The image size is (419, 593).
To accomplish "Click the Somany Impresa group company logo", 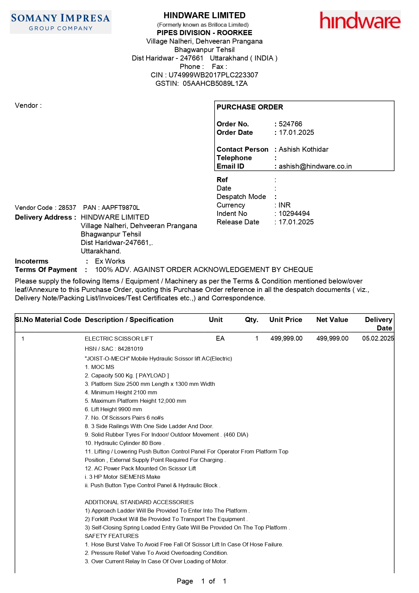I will click(x=60, y=22).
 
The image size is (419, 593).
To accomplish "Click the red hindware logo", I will click(x=360, y=20).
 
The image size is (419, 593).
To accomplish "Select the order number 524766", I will click(x=290, y=124).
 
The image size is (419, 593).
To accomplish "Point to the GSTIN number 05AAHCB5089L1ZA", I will click(x=215, y=83).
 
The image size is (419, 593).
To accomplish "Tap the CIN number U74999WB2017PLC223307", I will click(x=213, y=75).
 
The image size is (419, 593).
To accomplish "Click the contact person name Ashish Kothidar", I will click(x=303, y=149).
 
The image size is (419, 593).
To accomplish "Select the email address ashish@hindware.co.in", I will click(x=315, y=166).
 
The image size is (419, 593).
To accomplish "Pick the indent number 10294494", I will click(x=294, y=214).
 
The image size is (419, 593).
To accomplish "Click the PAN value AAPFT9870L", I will click(x=120, y=207).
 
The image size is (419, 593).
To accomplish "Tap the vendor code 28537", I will click(x=67, y=207).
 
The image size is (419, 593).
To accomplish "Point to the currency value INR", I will click(x=285, y=205).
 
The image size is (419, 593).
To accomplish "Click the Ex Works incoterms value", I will click(x=110, y=261).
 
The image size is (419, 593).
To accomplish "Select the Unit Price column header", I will click(x=286, y=320).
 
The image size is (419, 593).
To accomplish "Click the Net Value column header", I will click(x=332, y=320).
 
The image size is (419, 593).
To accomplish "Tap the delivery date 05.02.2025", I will click(x=378, y=338).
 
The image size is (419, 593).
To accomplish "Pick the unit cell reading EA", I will click(x=220, y=338).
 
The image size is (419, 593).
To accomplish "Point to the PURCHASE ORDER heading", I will click(x=250, y=107).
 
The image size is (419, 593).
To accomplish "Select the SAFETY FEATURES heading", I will click(x=112, y=536).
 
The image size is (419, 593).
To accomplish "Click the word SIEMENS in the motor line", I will click(x=132, y=477).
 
